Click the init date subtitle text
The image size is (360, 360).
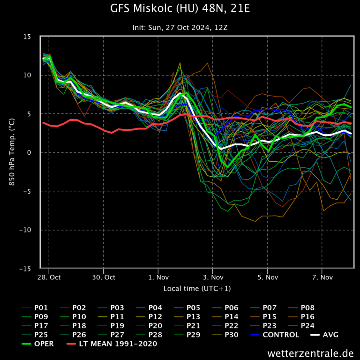[180, 28]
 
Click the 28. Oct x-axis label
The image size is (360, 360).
[49, 277]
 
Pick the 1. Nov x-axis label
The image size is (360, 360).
[158, 277]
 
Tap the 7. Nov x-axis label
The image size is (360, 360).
[322, 277]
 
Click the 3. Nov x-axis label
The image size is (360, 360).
[212, 277]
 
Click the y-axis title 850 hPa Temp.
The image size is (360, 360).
[13, 153]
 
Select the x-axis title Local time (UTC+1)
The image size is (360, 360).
[197, 288]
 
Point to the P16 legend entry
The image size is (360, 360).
[307, 317]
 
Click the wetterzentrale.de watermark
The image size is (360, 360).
[311, 353]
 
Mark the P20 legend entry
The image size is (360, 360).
[155, 326]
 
